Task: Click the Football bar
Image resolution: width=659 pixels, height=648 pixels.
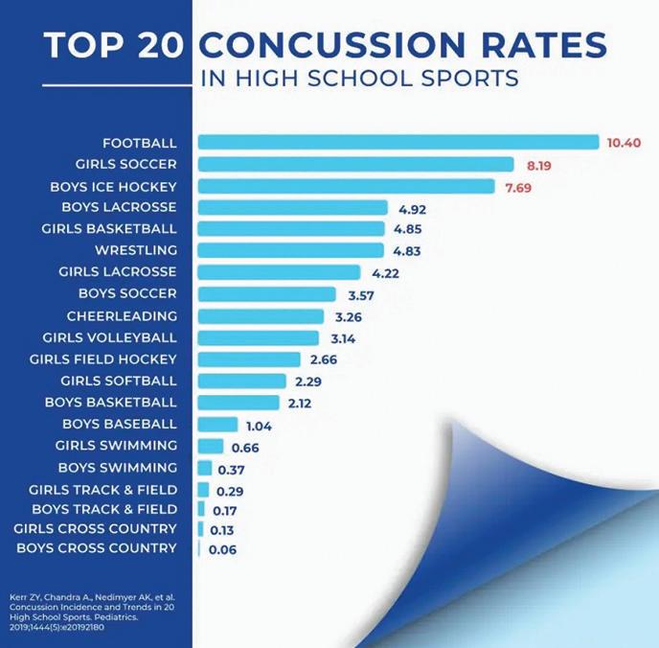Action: (398, 142)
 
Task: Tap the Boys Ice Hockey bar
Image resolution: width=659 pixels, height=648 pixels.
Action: (346, 186)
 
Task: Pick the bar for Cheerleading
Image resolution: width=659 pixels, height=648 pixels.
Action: (261, 316)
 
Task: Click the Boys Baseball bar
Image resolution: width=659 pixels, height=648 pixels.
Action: (217, 425)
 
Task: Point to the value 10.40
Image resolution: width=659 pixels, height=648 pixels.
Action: (624, 143)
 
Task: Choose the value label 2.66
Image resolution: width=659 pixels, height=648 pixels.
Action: (326, 359)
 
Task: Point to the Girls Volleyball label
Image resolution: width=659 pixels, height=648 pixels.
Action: (109, 337)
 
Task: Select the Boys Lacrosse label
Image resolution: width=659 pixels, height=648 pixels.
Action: (119, 207)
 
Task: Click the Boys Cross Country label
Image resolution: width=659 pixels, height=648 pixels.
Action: (97, 547)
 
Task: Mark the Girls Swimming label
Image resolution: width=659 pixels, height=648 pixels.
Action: (116, 445)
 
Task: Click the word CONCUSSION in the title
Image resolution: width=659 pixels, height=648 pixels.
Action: (403, 44)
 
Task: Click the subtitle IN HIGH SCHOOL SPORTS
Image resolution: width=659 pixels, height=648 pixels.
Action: (360, 79)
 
